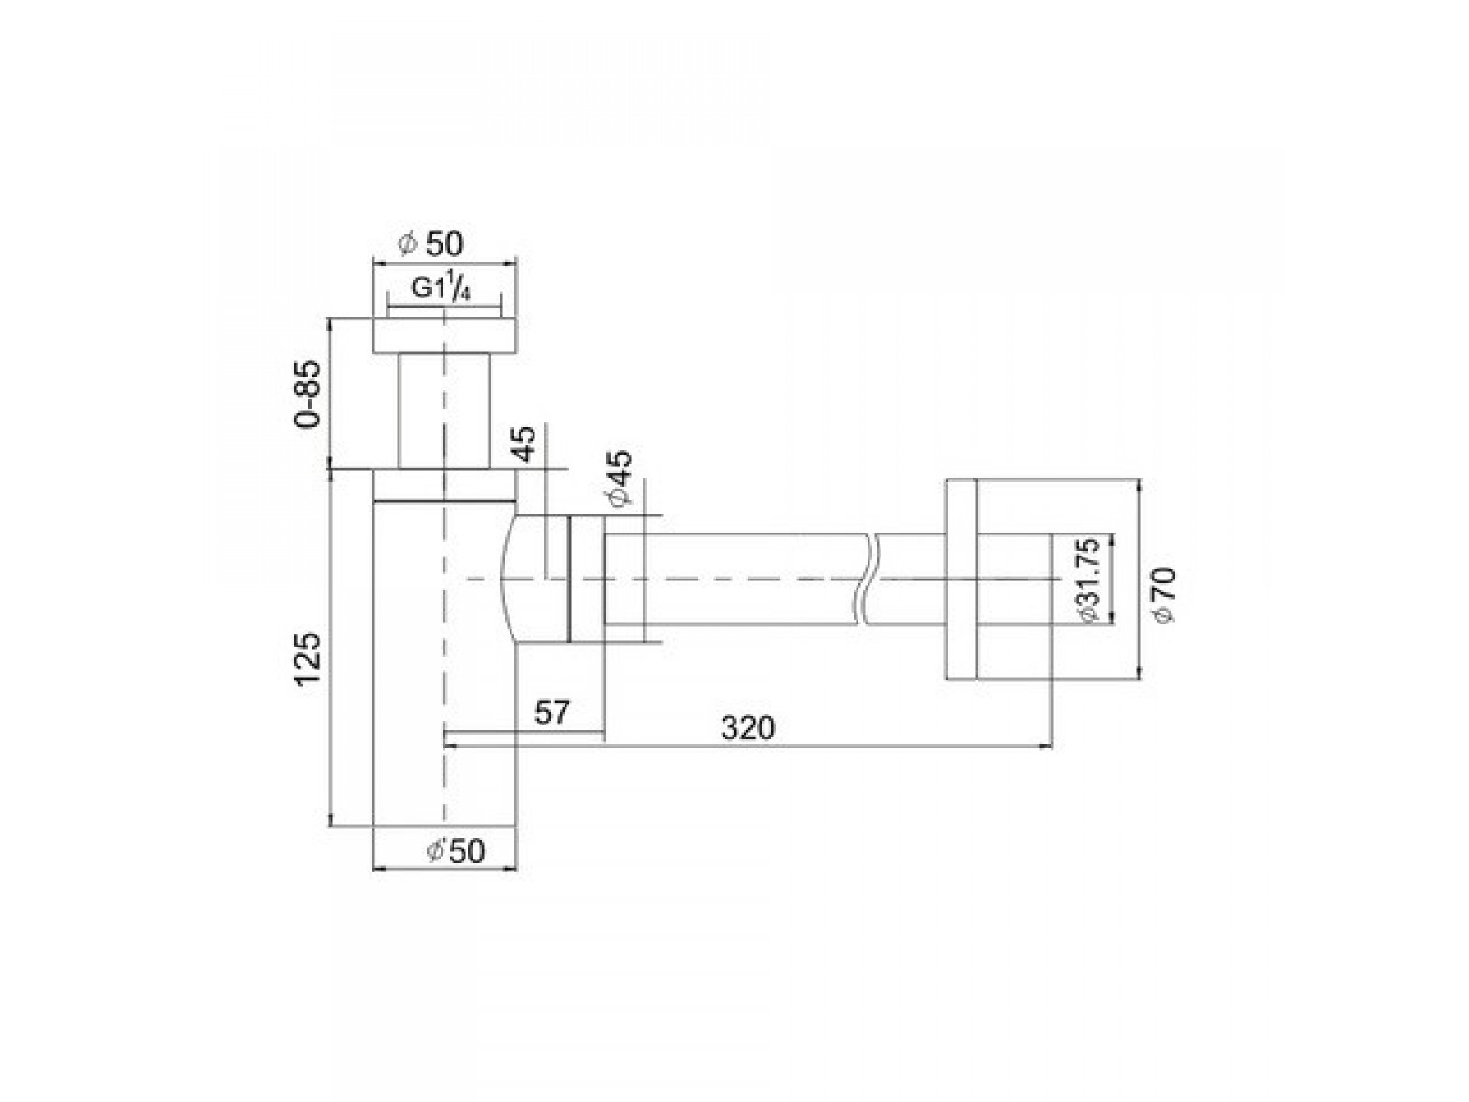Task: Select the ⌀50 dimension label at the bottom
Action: pos(454,851)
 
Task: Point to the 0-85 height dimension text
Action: pos(308,395)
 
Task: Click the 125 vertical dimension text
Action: pos(309,658)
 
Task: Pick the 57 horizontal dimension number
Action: pos(552,712)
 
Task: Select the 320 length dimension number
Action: pos(747,728)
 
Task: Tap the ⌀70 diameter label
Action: pos(1164,594)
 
